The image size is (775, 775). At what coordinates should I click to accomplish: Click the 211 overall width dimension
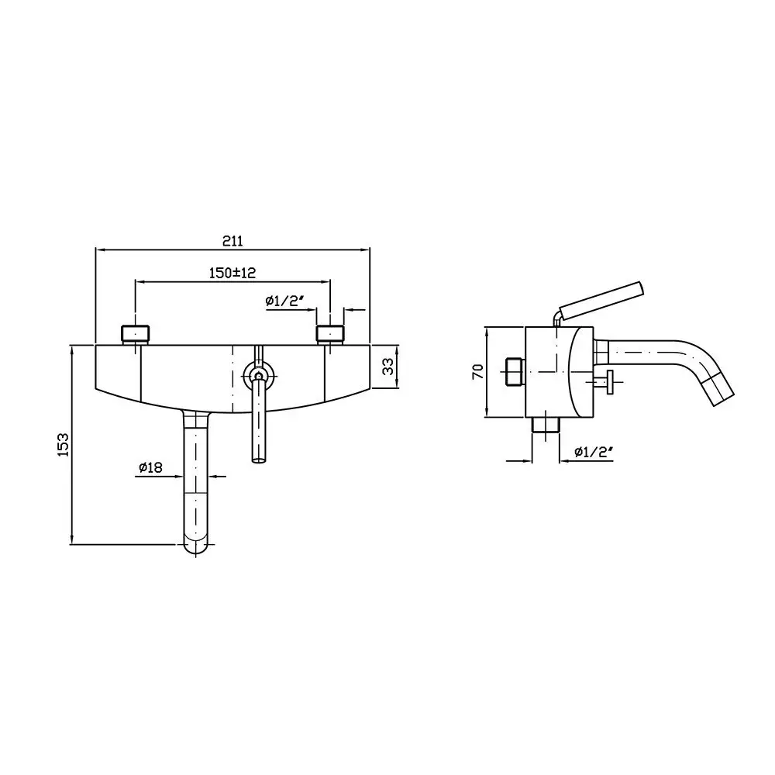click(x=232, y=241)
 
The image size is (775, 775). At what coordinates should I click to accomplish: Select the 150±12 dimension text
click(x=232, y=272)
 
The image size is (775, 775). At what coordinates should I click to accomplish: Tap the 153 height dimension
click(x=64, y=444)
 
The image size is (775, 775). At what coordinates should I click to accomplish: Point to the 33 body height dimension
click(x=388, y=366)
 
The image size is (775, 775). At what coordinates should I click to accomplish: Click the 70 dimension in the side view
click(x=478, y=370)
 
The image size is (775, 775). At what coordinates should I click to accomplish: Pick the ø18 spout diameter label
click(x=150, y=467)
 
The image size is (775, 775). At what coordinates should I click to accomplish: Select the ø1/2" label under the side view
click(x=594, y=451)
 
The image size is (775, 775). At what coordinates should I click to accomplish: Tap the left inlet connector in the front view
click(x=136, y=334)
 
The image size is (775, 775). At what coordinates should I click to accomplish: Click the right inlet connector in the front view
click(x=330, y=334)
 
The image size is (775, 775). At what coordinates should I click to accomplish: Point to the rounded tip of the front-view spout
click(x=196, y=548)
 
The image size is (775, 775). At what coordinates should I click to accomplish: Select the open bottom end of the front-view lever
click(x=259, y=460)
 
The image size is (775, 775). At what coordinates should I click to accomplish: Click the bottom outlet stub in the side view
click(x=545, y=425)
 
